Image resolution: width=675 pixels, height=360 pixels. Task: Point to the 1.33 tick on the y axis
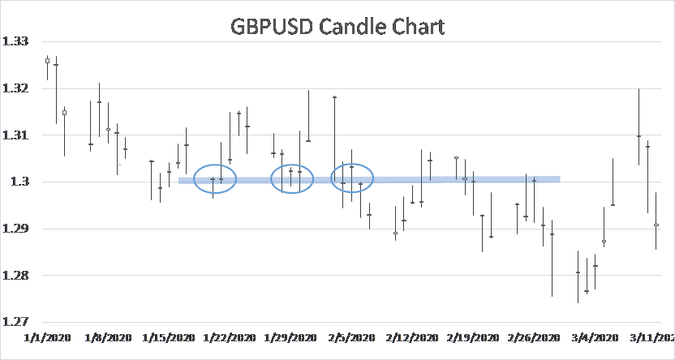tap(16, 41)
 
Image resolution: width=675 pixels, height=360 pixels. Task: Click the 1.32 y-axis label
tap(16, 88)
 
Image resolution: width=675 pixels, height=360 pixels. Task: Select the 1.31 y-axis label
tap(16, 135)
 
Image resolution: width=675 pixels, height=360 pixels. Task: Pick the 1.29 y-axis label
tap(16, 229)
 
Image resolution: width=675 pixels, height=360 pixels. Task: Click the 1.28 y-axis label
tap(16, 276)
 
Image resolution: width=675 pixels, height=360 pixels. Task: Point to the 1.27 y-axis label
tap(16, 323)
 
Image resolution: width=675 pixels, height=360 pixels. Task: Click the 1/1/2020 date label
tap(48, 336)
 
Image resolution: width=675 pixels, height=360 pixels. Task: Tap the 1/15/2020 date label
tap(168, 336)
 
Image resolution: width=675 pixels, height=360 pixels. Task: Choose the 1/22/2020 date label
tap(230, 336)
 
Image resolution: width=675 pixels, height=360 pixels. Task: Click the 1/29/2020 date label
tap(290, 336)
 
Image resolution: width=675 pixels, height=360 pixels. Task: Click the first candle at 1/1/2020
tap(48, 61)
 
